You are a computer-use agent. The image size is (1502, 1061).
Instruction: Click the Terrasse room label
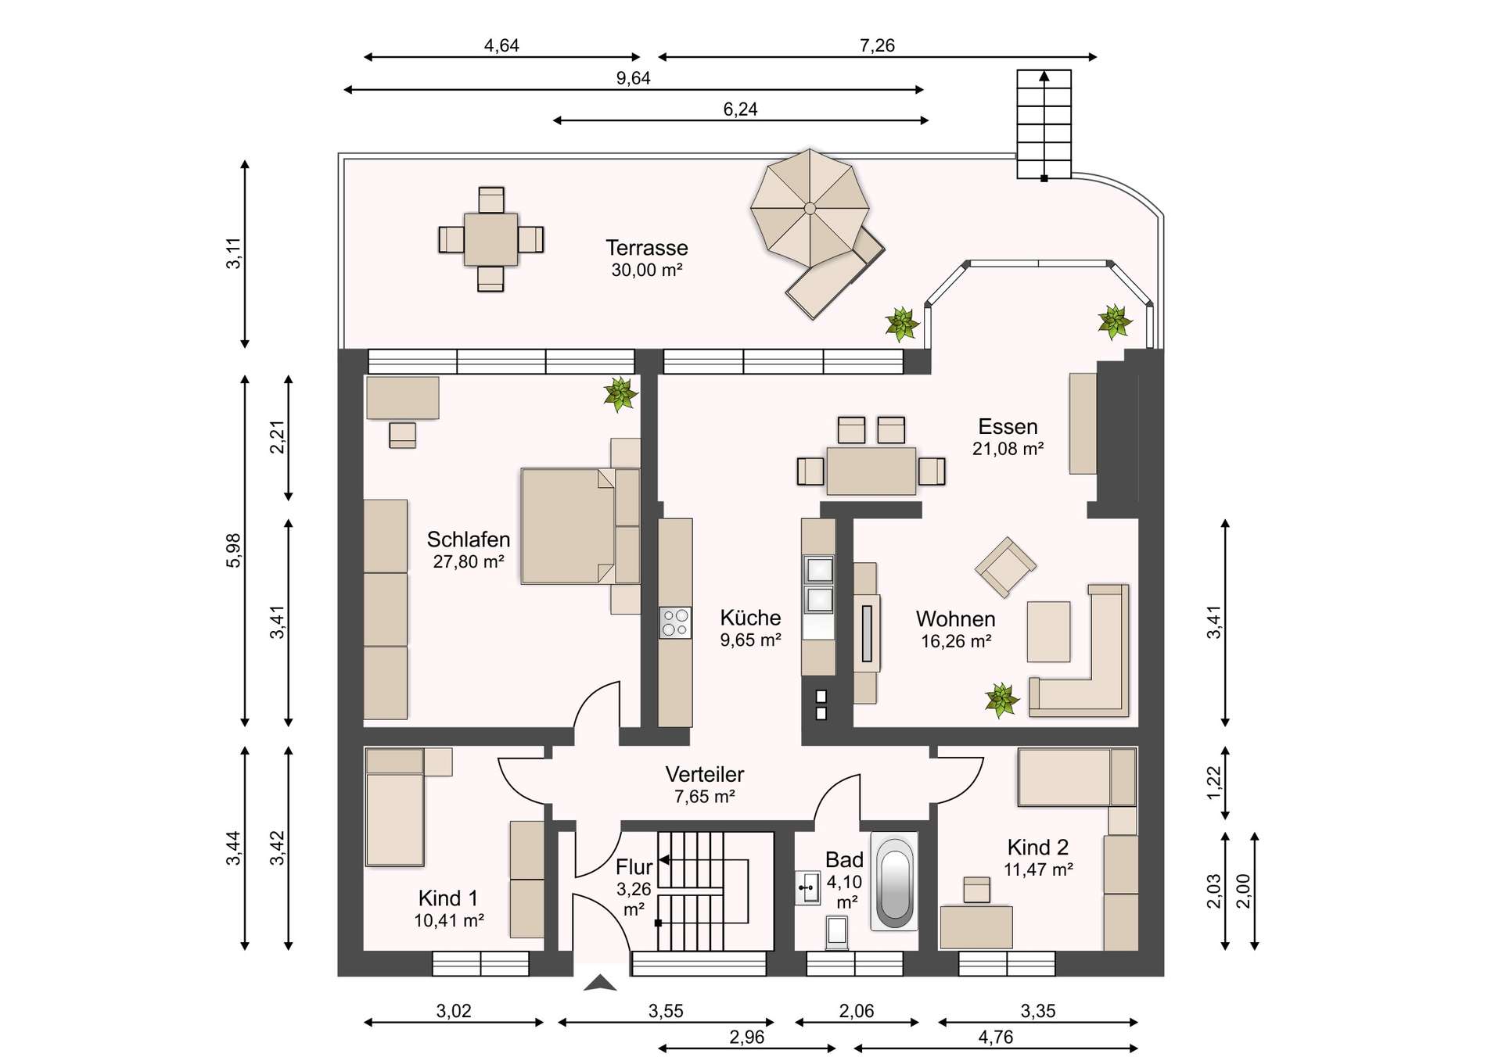tap(646, 248)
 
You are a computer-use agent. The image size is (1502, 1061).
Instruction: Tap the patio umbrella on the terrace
tap(810, 208)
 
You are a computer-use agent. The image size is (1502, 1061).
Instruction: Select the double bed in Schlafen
tap(580, 526)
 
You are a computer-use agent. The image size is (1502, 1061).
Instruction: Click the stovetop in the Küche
tap(675, 623)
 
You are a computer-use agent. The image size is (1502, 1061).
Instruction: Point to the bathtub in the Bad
tap(893, 881)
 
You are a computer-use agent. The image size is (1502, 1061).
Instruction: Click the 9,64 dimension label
tap(633, 78)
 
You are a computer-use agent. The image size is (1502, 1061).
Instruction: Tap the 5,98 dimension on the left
tap(233, 550)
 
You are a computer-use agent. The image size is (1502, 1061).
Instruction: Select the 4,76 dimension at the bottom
tap(996, 1037)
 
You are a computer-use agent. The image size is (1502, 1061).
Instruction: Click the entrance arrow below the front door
tap(600, 983)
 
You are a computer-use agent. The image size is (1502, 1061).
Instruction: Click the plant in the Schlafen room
tap(620, 394)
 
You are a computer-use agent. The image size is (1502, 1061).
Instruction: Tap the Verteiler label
tap(704, 774)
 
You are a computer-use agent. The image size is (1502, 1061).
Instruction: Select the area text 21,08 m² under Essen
tap(1008, 449)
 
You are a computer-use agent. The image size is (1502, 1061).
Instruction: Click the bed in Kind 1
tap(395, 808)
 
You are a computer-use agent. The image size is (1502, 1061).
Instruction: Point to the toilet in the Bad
tap(836, 931)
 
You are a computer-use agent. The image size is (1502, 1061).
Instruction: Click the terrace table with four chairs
tap(490, 239)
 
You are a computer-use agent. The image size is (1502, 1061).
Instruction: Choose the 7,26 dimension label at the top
tap(877, 45)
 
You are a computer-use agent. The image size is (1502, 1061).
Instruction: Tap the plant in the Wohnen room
tap(1001, 700)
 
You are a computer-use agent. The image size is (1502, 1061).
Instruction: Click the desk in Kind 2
tap(976, 927)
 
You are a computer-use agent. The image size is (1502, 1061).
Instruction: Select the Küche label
tap(750, 618)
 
